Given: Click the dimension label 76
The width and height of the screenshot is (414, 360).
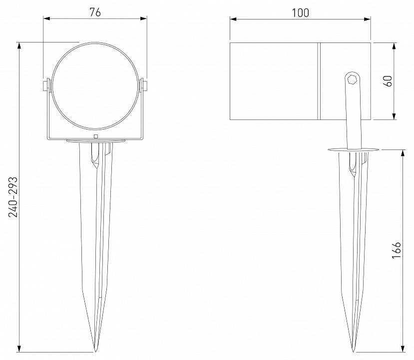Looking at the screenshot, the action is pyautogui.click(x=95, y=12).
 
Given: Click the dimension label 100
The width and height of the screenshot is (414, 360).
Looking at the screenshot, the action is pyautogui.click(x=300, y=12).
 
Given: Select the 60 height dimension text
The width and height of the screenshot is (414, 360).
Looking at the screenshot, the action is pyautogui.click(x=387, y=81).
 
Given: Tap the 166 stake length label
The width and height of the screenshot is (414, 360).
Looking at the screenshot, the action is pyautogui.click(x=397, y=250).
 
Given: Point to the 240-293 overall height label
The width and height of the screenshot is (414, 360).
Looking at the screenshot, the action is pyautogui.click(x=13, y=196).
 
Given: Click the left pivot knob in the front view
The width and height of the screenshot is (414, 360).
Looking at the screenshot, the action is pyautogui.click(x=46, y=85).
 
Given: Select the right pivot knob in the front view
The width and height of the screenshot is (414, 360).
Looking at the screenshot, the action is pyautogui.click(x=144, y=85).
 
